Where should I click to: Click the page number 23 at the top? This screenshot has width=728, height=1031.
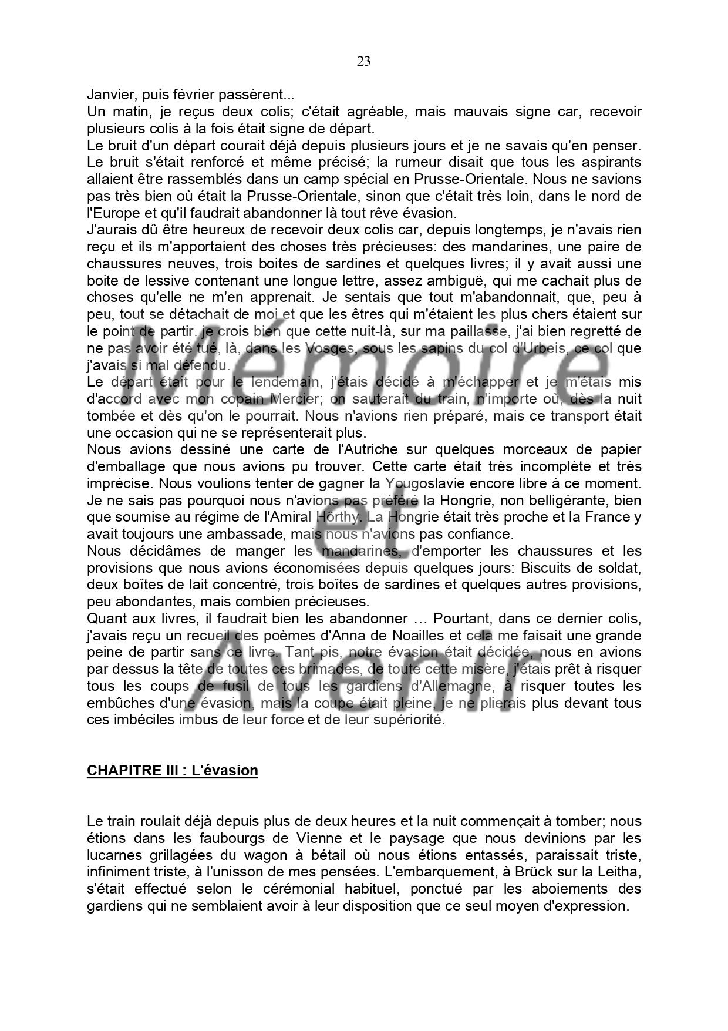point(363,61)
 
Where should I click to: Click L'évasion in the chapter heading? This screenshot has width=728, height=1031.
point(225,771)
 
